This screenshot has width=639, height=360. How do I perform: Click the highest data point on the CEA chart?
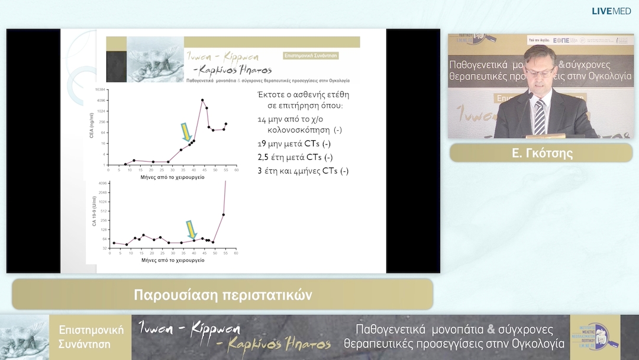coord(202,100)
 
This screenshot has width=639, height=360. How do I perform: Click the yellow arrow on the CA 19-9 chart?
coord(191,230)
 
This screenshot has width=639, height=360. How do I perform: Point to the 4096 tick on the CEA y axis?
coord(101,101)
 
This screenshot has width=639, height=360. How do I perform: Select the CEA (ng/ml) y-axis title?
coord(92,127)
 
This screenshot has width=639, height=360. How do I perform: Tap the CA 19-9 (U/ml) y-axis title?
coord(93,216)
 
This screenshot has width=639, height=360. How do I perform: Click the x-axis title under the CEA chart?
coord(172,177)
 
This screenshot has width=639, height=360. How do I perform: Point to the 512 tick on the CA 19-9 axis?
coord(102,211)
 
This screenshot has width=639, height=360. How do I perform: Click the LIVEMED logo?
coord(611,11)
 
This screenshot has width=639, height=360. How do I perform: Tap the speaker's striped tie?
coord(539,116)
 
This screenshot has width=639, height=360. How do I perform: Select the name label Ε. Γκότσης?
coord(541,153)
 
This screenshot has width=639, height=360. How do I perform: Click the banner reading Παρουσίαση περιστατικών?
coord(222,294)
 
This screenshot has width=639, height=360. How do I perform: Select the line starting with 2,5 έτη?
coord(295,157)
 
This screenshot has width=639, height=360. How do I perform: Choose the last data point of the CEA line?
coord(225,124)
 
